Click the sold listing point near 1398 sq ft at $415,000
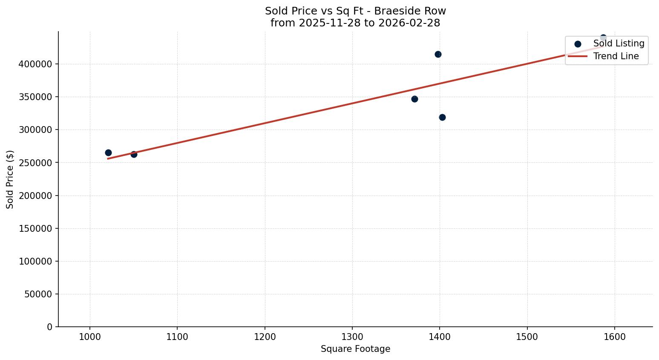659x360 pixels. point(438,54)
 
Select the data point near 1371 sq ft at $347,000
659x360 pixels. point(414,99)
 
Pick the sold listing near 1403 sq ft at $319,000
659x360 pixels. point(442,117)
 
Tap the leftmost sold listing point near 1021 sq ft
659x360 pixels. point(108,153)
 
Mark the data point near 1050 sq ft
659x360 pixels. point(134,154)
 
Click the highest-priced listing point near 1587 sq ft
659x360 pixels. point(603,38)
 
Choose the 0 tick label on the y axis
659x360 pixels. point(49,327)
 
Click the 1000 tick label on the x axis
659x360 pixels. point(90,337)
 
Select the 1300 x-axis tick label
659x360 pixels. point(352,337)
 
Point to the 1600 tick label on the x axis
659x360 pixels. point(615,337)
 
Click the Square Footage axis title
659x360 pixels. point(355,349)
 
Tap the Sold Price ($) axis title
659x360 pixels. point(10,179)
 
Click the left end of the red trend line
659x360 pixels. point(108,158)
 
